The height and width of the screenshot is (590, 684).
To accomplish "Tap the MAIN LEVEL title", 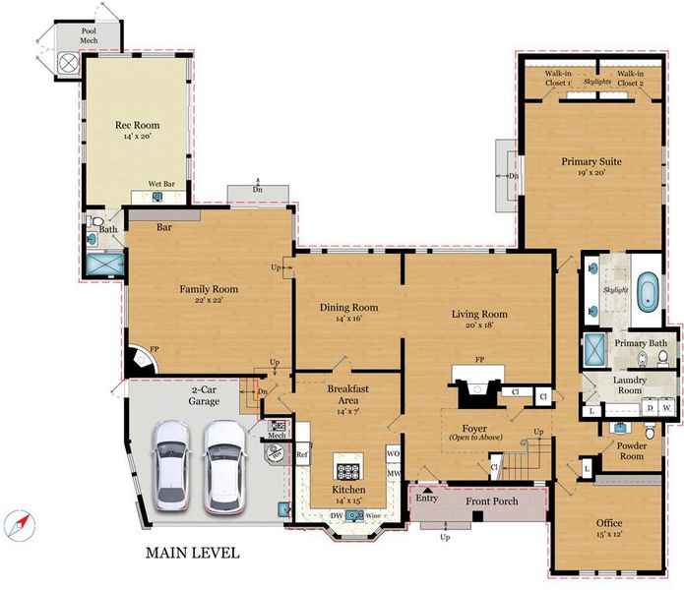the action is [x=192, y=553].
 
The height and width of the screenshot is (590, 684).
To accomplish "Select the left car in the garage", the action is [x=171, y=465].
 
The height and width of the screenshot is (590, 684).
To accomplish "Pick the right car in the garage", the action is [x=224, y=467].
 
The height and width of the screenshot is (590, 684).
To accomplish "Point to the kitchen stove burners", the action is [x=348, y=471].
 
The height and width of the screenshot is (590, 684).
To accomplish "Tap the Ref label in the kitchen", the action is [x=302, y=454].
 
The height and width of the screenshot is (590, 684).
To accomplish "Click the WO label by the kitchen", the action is [x=393, y=453].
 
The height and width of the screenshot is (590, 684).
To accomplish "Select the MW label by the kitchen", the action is [x=394, y=473].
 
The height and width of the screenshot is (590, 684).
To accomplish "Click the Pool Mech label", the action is [x=89, y=35].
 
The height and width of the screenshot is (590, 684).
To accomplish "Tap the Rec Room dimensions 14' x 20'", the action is [x=137, y=137].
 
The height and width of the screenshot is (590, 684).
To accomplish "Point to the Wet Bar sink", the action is [x=157, y=197].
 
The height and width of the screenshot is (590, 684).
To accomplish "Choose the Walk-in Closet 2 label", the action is [x=630, y=78].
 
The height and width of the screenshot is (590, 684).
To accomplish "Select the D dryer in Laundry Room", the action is [x=650, y=408].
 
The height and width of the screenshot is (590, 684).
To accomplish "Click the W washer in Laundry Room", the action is [x=666, y=408].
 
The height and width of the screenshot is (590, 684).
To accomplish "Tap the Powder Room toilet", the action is [x=650, y=431].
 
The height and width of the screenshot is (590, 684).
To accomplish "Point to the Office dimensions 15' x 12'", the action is [x=609, y=534].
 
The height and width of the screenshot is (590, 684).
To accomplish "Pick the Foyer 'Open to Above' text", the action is [x=476, y=438].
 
